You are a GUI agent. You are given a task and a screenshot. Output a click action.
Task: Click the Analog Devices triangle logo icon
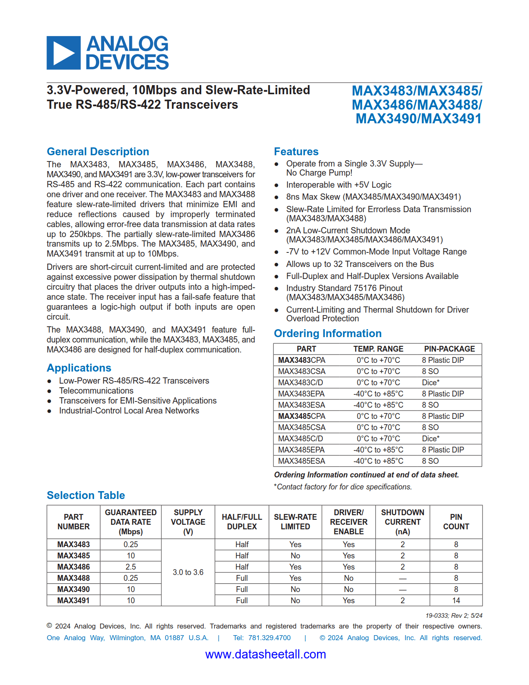63,53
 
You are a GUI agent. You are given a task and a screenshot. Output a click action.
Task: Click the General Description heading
98,152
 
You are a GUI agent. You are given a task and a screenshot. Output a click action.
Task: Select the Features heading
296,152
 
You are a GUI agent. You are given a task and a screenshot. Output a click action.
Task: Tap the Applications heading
79,368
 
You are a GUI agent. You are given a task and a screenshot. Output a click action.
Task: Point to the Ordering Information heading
328,333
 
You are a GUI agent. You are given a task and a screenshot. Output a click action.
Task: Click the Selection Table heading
86,495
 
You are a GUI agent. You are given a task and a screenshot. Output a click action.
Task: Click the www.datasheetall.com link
266,654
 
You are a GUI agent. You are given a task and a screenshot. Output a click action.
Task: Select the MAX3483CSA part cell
302,371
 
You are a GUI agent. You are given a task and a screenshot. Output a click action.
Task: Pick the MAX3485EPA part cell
301,450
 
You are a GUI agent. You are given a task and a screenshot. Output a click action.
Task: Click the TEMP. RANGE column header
378,349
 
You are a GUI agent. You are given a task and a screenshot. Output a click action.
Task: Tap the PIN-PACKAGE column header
449,349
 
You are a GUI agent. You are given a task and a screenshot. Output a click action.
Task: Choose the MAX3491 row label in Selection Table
73,600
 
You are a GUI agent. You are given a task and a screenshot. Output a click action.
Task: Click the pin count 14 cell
456,600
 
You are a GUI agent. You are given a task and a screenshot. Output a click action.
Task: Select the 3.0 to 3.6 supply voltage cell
188,572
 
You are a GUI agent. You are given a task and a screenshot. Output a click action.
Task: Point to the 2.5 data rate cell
131,567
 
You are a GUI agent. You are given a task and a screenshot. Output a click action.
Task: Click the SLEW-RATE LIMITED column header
295,522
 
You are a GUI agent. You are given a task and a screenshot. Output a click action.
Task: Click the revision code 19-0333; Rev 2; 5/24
454,616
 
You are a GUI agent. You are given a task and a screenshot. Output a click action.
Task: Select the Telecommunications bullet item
96,391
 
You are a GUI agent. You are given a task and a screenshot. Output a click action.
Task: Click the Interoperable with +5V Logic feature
339,185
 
